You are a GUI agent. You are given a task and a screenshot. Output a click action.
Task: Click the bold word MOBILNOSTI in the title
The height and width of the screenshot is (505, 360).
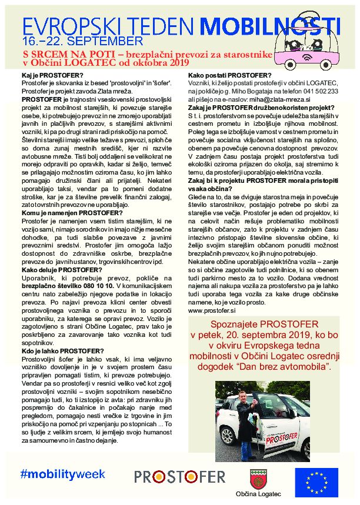coord(266,25)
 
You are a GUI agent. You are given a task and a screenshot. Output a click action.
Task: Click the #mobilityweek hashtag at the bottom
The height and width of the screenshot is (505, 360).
coord(62,474)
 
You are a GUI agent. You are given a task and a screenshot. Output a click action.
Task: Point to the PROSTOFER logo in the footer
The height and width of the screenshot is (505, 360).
coord(179,476)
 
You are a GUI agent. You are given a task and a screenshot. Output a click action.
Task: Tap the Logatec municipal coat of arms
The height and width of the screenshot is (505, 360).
coord(258,477)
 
